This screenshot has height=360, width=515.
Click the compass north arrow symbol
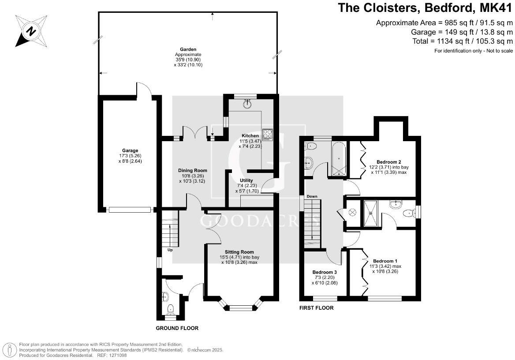[30, 31]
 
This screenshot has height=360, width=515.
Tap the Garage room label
[131, 150]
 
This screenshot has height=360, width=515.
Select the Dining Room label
[192, 170]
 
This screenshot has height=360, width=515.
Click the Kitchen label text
[250, 135]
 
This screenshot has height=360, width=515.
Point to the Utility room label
[246, 180]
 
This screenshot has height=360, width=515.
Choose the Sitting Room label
[240, 252]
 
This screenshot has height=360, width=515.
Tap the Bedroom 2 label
[388, 161]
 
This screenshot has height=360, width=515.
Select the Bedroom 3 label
[325, 272]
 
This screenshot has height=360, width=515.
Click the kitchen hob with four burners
[268, 135]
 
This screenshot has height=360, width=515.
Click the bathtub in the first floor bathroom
[338, 158]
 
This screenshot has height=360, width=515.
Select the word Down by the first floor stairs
[312, 196]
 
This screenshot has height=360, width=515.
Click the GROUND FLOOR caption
[177, 328]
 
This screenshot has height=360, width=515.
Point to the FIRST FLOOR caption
[316, 308]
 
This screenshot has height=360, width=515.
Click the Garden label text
[188, 49]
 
